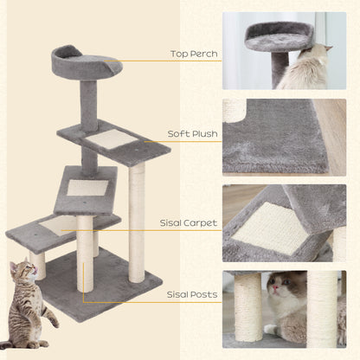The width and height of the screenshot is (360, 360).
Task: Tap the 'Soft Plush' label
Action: tap(191, 135)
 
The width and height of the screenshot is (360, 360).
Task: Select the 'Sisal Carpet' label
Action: tap(188, 222)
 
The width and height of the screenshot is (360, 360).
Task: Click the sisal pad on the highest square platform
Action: tap(111, 138)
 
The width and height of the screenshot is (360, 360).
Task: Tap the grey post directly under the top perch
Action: tap(89, 104)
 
